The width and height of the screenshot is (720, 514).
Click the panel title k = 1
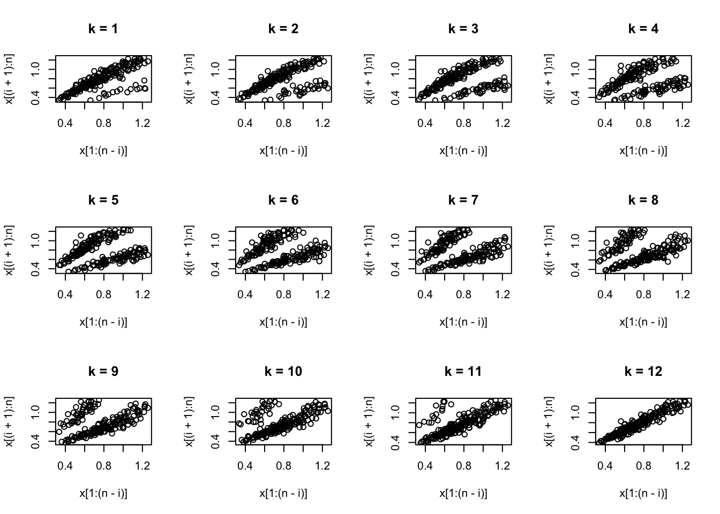coord(103,29)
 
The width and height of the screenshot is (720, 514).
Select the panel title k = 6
coord(283,200)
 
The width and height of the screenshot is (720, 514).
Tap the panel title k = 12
coord(643,372)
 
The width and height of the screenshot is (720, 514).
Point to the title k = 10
coord(283,372)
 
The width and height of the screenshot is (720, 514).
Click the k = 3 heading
coord(463,29)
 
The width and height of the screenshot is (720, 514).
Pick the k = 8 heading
coord(643,200)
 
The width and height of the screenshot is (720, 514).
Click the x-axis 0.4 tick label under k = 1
coord(65,123)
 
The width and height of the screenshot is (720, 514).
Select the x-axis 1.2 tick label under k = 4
coord(682,123)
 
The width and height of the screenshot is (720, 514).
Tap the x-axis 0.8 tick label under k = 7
coord(464,294)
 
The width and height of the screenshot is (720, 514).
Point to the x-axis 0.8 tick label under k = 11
coord(464,466)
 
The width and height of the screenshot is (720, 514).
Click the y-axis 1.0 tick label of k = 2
coord(215,67)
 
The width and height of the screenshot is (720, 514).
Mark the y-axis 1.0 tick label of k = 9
coord(35,410)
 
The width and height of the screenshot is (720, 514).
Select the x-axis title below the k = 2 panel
coord(283,151)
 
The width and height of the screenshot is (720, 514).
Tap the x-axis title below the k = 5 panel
coord(103,322)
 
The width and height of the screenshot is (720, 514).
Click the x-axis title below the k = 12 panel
coord(643,494)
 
